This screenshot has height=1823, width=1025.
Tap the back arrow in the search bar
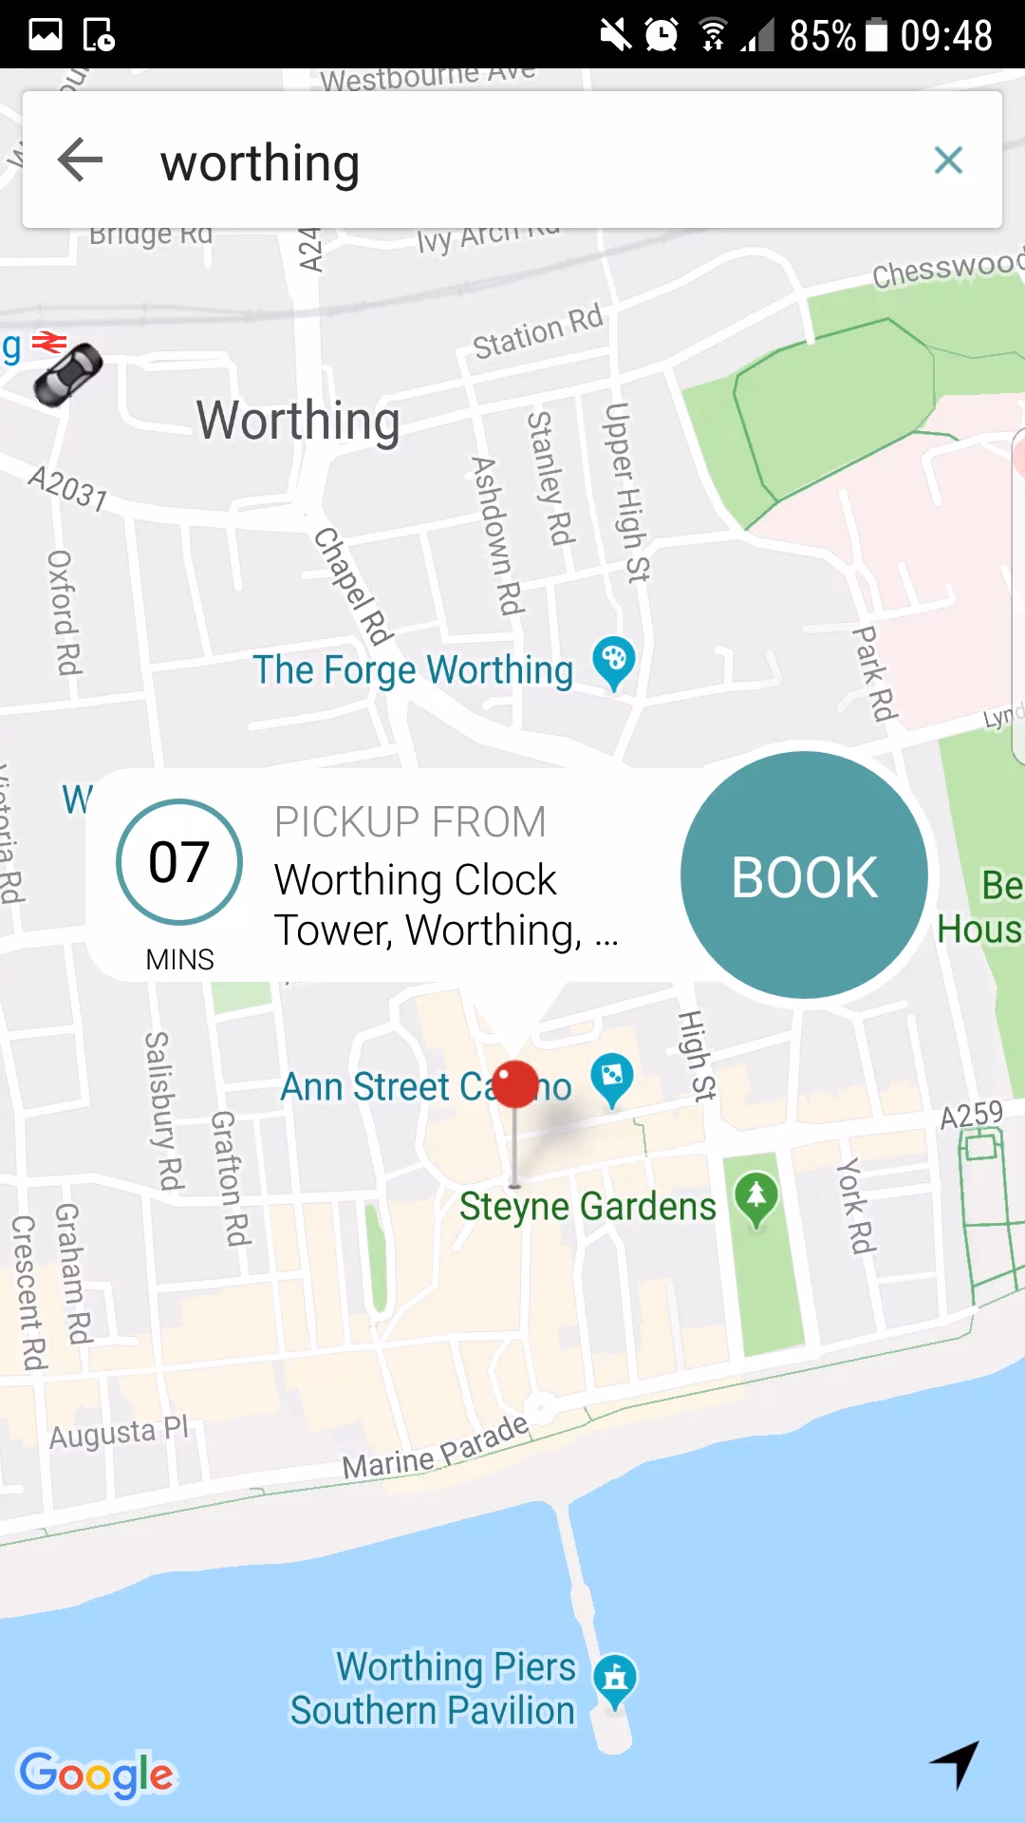click(x=81, y=160)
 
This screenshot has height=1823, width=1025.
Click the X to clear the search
click(x=948, y=160)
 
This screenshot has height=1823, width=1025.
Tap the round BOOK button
click(x=804, y=875)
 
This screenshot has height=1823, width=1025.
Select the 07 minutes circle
click(x=179, y=862)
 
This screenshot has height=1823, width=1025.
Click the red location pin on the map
click(x=515, y=1085)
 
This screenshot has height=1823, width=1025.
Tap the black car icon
click(x=67, y=373)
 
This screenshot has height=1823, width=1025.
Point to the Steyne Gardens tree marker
click(x=755, y=1198)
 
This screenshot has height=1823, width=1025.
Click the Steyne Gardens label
click(x=587, y=1207)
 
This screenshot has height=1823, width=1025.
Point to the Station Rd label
click(x=538, y=331)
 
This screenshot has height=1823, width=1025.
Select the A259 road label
click(x=971, y=1115)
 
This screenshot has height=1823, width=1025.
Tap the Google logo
click(x=98, y=1774)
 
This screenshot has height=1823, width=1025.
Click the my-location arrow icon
click(x=955, y=1764)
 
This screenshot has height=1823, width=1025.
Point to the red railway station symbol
click(x=49, y=342)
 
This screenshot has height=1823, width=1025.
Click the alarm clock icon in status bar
click(x=662, y=35)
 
